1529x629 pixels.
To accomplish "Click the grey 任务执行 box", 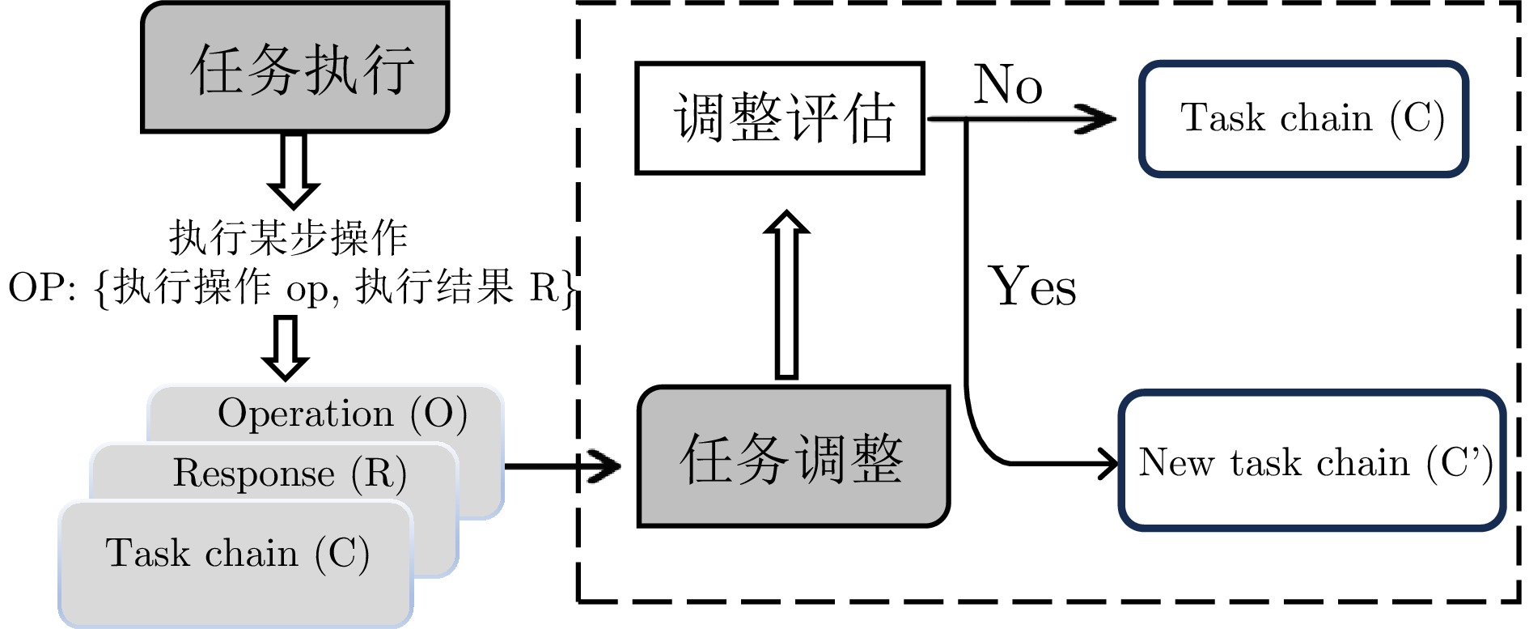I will point(295,67).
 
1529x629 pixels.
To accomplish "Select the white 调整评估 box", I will point(780,118).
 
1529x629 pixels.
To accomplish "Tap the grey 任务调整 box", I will point(793,457).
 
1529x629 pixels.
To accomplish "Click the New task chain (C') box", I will point(1312,461).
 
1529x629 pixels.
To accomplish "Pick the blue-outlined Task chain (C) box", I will point(1303,119).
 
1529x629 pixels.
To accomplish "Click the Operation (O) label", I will point(342,414).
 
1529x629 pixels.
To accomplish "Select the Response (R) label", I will point(289,474).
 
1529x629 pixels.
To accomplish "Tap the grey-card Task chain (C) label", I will point(237,554).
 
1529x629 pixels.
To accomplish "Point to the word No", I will point(1007,84).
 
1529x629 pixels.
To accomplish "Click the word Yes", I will point(1032,287).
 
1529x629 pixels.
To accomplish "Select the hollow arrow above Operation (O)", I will point(286,348).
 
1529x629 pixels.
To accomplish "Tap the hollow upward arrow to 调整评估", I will point(786,295).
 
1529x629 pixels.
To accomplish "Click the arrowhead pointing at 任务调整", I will point(605,466).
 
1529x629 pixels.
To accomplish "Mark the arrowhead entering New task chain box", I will point(1106,464).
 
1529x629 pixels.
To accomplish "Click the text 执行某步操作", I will point(288,238).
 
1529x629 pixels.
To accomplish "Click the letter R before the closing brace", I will point(544,287).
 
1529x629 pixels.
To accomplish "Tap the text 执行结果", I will point(435,287).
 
